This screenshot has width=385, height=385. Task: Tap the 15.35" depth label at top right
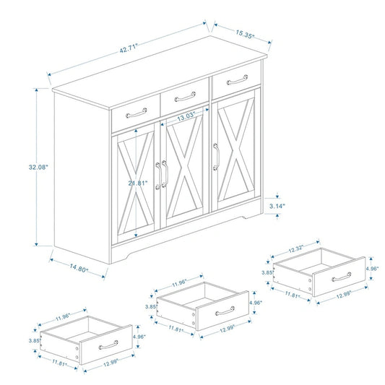[244, 33]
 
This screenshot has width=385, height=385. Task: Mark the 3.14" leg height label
[277, 206]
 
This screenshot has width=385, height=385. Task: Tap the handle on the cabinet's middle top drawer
[185, 95]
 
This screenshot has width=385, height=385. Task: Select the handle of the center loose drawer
[222, 311]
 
